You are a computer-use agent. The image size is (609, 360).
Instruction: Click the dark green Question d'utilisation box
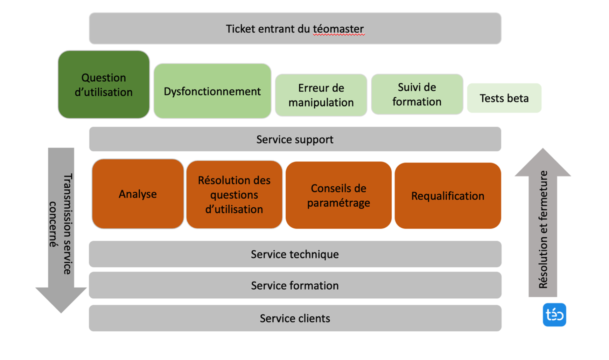pos(104,84)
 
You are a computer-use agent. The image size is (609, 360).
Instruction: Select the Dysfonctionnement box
pos(212,91)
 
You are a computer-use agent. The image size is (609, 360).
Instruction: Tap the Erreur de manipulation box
pos(321,95)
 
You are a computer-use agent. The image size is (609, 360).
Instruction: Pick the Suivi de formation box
pos(417,94)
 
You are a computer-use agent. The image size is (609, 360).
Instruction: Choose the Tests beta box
pos(504,98)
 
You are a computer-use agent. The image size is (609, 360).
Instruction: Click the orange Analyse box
pos(138,194)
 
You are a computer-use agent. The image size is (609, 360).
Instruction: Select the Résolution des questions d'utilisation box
pos(234,194)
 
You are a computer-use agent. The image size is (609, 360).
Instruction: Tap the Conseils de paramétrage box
pos(338,195)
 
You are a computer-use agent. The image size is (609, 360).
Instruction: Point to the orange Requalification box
pos(448,196)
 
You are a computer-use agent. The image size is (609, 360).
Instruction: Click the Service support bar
pos(295,139)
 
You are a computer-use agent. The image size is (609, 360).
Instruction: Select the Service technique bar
pos(295,254)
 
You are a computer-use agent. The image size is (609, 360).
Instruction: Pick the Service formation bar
pos(295,285)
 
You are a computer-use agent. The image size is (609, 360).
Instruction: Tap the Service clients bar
pos(295,318)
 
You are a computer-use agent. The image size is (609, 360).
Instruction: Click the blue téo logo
pos(554,315)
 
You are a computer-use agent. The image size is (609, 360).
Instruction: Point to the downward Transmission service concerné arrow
pos(61,230)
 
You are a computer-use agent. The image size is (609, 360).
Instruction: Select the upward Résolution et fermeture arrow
pos(543,222)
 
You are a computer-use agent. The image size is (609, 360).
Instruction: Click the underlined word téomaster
pos(338,29)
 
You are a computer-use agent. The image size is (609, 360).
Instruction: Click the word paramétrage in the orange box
pos(338,203)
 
